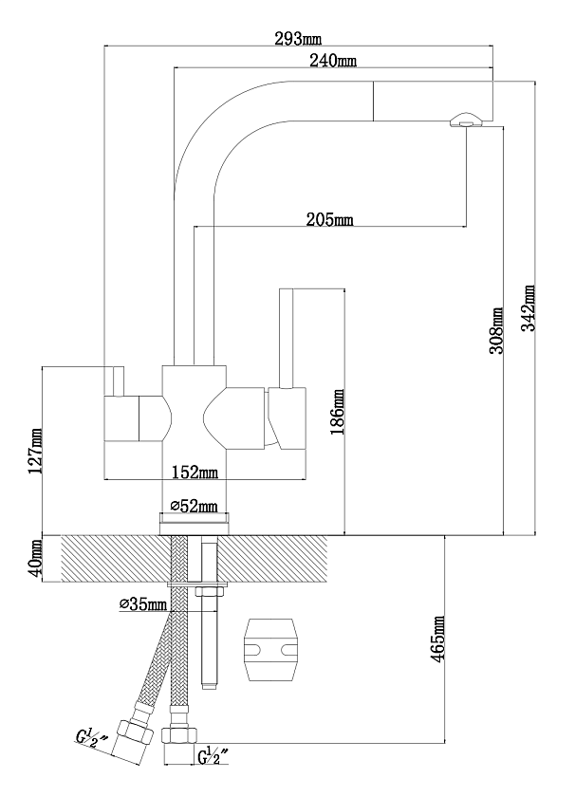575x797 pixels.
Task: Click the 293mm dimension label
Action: tap(298, 39)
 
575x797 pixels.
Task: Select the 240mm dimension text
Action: tap(333, 61)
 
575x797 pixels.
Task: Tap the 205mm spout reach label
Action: tap(329, 219)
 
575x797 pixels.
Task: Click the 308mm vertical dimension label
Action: tap(496, 330)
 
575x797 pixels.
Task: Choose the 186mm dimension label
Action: tap(337, 412)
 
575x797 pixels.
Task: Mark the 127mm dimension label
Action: tap(35, 451)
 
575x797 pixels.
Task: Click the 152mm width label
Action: tap(195, 473)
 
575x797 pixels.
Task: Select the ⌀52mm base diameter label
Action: tap(194, 506)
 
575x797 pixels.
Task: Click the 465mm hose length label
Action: tap(437, 639)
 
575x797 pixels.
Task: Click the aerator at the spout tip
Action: tap(464, 120)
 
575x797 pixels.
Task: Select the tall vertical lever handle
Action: tap(287, 339)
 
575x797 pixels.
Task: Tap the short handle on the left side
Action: tap(118, 380)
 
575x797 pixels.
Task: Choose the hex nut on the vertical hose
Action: tap(179, 735)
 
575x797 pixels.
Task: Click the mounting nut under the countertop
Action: tap(210, 592)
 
